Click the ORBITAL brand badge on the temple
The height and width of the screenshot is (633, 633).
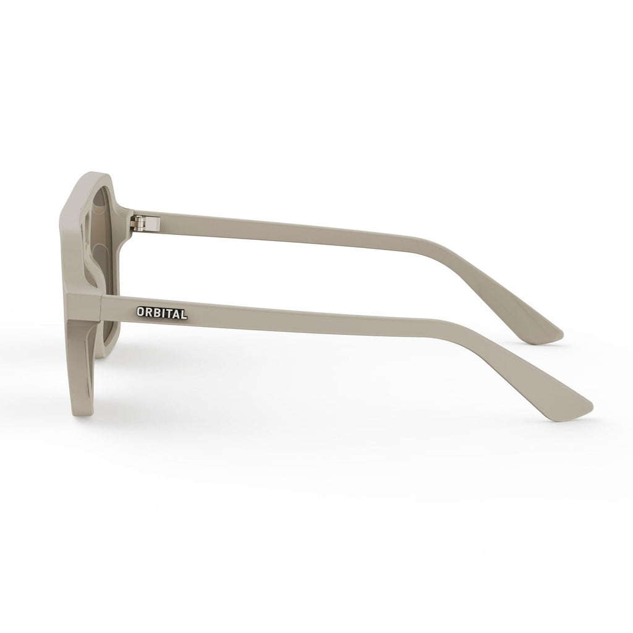pos(161,313)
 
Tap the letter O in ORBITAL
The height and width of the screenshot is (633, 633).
pos(142,313)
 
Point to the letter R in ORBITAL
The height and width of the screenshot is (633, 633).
pos(149,313)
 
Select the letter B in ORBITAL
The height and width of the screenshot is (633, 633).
pos(156,313)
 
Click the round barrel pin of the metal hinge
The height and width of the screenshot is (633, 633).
pos(142,220)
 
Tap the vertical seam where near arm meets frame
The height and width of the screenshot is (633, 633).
pos(101,306)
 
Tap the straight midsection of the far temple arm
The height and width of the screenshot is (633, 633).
pos(297,231)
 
